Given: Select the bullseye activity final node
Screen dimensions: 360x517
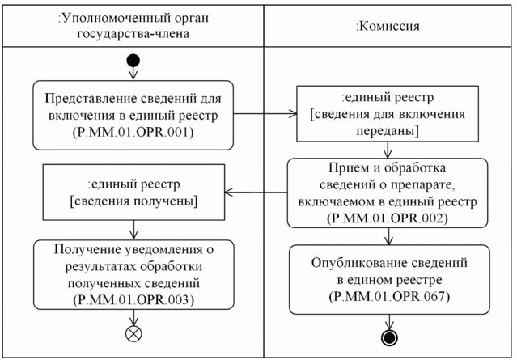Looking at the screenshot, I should tap(392, 334).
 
